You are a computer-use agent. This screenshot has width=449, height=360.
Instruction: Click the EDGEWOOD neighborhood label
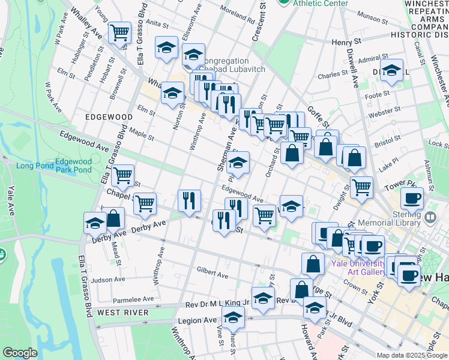pyautogui.click(x=109, y=116)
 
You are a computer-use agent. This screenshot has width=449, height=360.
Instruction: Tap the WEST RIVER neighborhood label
pyautogui.click(x=122, y=313)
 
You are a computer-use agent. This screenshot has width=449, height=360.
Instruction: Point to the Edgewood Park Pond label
pyautogui.click(x=73, y=166)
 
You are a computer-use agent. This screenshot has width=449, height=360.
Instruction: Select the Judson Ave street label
pyautogui.click(x=108, y=280)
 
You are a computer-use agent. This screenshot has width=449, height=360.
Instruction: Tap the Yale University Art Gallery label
pyautogui.click(x=358, y=268)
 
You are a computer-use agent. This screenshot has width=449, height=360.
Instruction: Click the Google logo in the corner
pyautogui.click(x=20, y=353)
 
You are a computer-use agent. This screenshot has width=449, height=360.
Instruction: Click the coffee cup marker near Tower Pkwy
pyautogui.click(x=412, y=198)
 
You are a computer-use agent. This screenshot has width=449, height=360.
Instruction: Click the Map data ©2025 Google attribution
pyautogui.click(x=412, y=355)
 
